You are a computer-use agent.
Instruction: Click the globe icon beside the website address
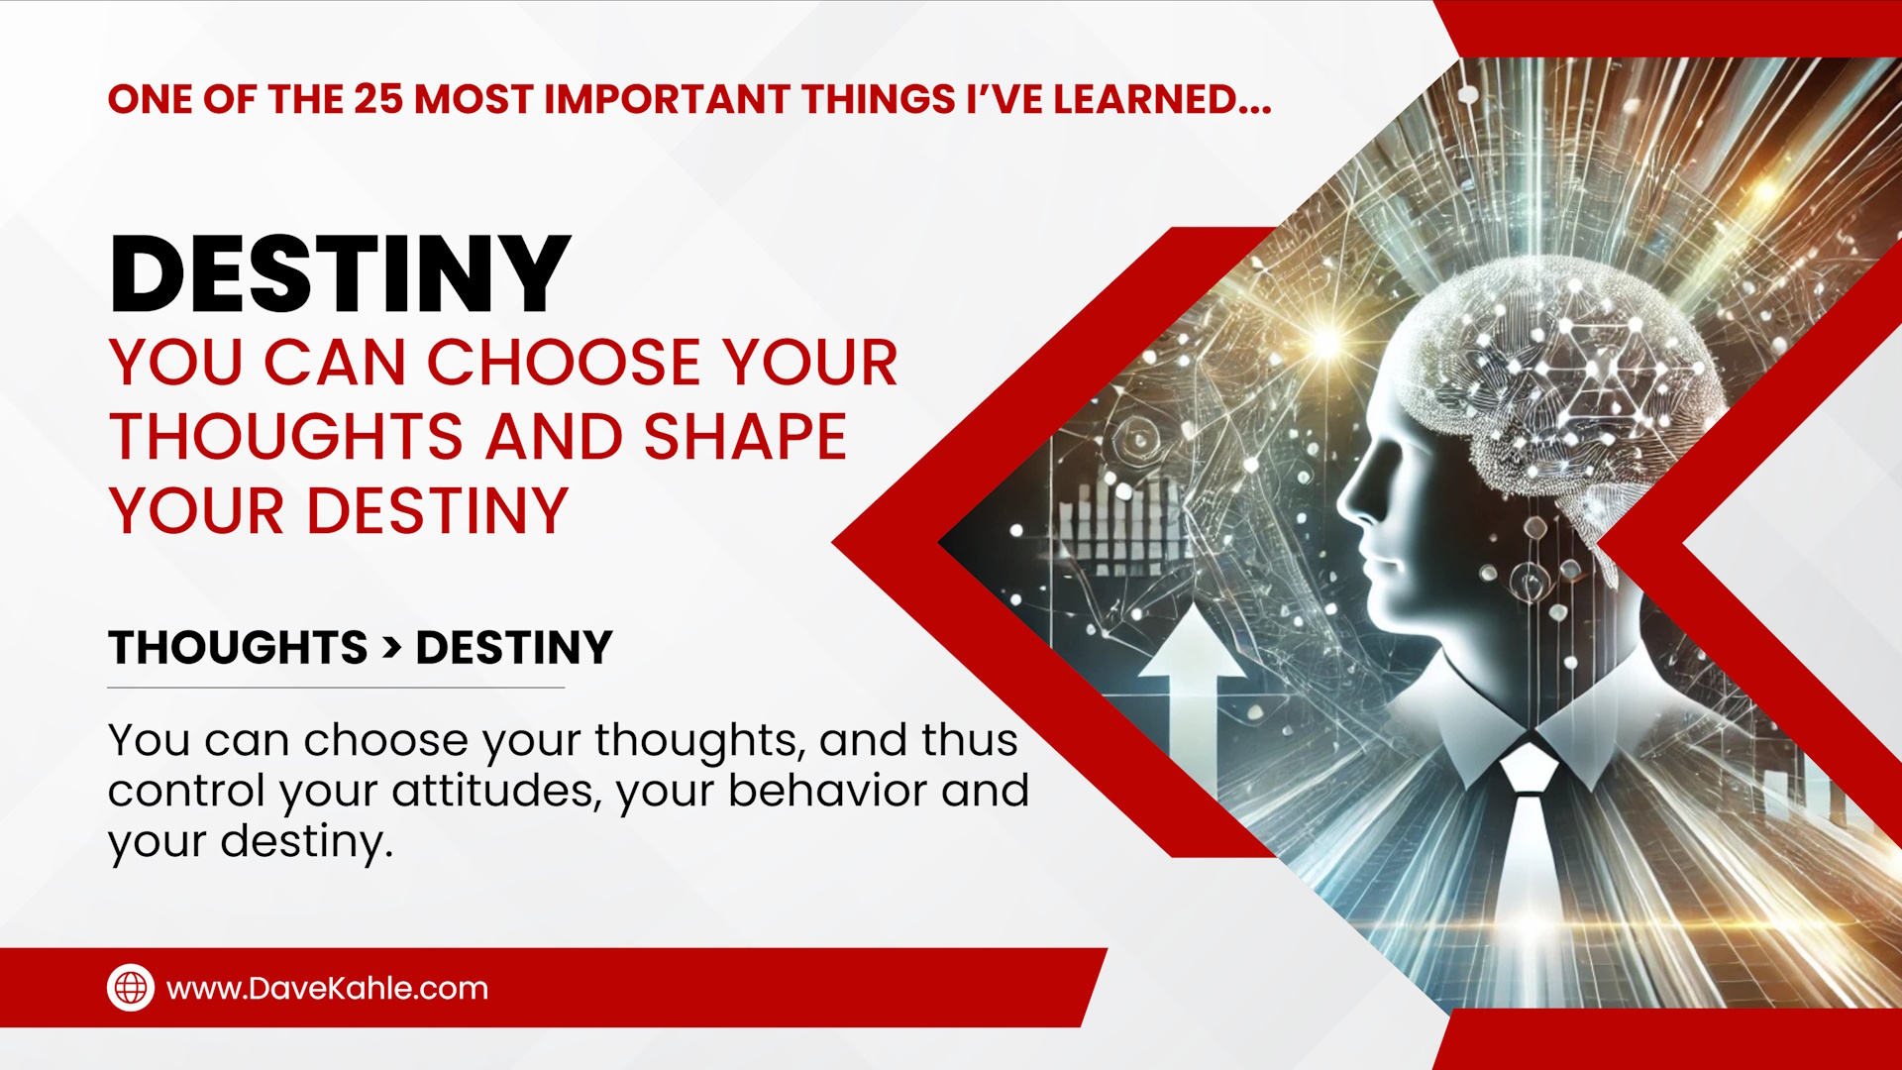pos(131,988)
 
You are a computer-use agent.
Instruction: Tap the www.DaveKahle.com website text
pos(327,988)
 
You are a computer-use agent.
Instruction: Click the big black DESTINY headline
pos(340,274)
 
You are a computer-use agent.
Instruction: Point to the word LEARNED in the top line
pos(1161,99)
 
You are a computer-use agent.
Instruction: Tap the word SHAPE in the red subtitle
pos(745,437)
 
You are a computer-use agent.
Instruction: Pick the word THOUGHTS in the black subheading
pos(238,648)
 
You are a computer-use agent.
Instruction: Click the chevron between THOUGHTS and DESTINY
pos(392,648)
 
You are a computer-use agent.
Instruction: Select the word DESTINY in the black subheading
pos(514,648)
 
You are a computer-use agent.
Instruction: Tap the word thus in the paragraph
pos(969,740)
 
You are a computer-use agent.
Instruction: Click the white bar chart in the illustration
pos(1119,525)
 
